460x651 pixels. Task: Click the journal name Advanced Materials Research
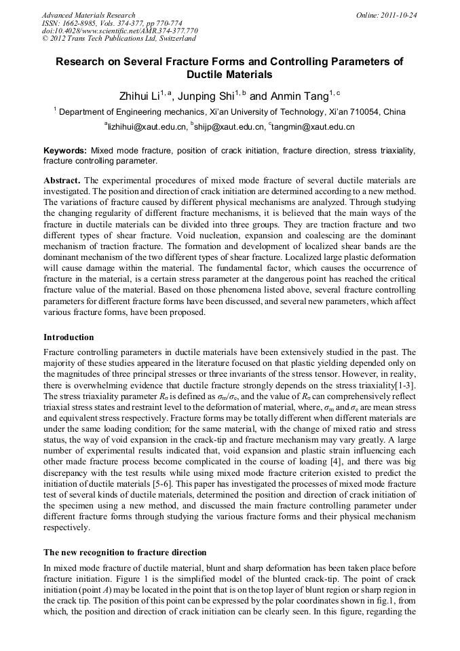click(x=88, y=14)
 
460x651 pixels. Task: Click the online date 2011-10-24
click(x=398, y=14)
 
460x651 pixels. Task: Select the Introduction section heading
click(x=69, y=337)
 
